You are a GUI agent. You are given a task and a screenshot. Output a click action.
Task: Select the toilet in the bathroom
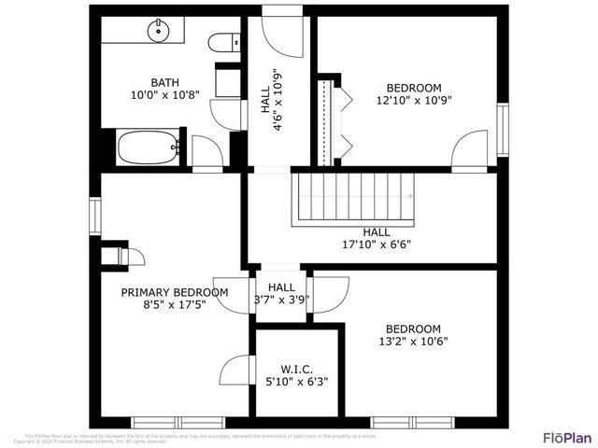[221, 43]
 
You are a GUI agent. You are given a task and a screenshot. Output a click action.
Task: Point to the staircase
[355, 197]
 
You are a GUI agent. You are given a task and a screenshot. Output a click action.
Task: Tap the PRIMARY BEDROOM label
[175, 292]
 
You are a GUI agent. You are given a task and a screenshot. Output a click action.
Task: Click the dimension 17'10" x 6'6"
[377, 245]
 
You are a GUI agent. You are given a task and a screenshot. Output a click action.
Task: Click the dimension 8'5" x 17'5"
[175, 305]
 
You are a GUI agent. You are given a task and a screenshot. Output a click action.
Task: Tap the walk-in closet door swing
[235, 373]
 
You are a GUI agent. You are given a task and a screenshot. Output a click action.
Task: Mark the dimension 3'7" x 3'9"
[281, 301]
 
